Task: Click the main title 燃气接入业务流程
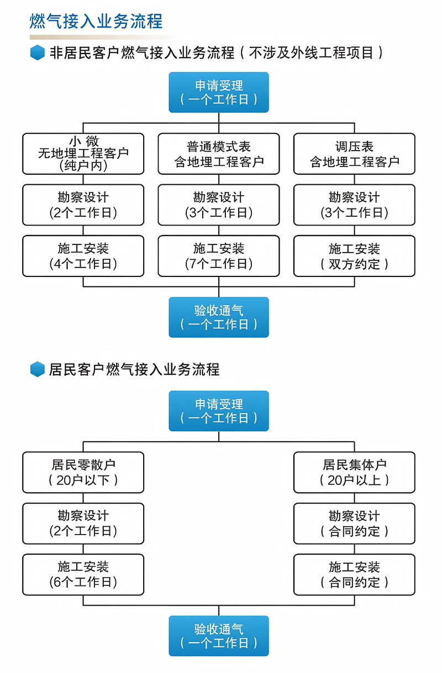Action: tap(96, 22)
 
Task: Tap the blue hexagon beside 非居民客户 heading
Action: tap(38, 52)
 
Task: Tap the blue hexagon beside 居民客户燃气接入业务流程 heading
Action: tap(38, 369)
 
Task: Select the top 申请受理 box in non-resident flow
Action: tap(219, 92)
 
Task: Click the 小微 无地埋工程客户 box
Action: tap(83, 154)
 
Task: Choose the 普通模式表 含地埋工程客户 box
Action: tap(219, 154)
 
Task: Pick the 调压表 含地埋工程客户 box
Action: tap(355, 154)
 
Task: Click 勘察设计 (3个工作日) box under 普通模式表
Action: tap(219, 205)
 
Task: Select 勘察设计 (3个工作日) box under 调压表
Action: tap(355, 205)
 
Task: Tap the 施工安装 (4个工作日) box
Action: tap(83, 256)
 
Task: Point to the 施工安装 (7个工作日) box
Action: tap(219, 256)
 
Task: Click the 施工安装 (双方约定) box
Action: tap(355, 256)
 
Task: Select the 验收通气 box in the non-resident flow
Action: tap(219, 317)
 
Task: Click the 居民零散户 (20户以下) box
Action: tap(83, 472)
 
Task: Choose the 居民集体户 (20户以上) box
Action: tap(355, 472)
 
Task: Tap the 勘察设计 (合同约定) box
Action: tap(355, 524)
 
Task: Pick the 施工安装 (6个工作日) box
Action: tap(83, 574)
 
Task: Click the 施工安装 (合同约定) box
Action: tap(355, 574)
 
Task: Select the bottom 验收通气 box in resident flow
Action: tap(219, 635)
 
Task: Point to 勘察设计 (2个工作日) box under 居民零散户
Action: tap(83, 524)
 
